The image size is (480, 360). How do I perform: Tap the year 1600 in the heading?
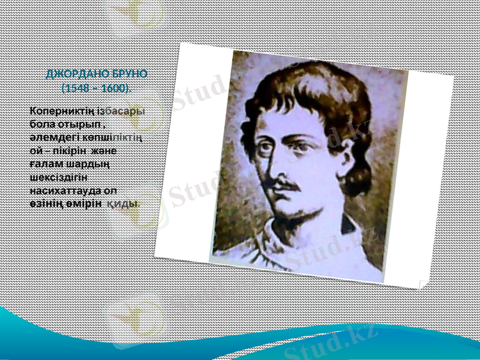tap(113, 88)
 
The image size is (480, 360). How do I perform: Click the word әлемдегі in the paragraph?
tap(49, 137)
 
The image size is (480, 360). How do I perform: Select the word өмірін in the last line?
tap(83, 203)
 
